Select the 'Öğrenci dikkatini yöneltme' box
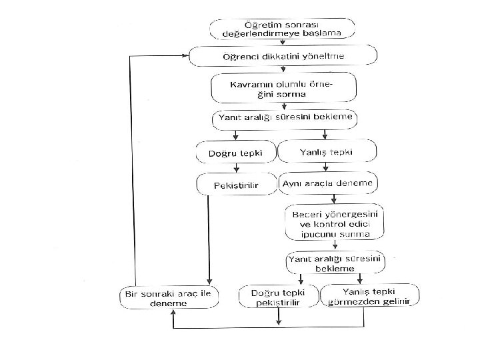click(x=283, y=56)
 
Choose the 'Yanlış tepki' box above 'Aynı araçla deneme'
click(x=326, y=151)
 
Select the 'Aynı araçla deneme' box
click(x=329, y=183)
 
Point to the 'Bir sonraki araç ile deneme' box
click(x=169, y=297)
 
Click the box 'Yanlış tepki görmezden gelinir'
click(x=370, y=295)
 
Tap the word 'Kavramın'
click(x=250, y=85)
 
